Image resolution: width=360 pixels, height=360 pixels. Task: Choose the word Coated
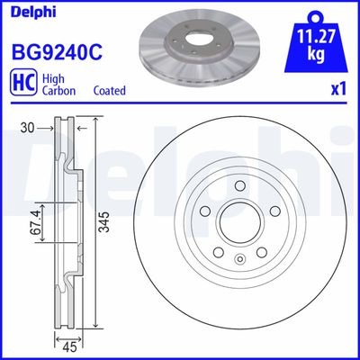click(x=109, y=91)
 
